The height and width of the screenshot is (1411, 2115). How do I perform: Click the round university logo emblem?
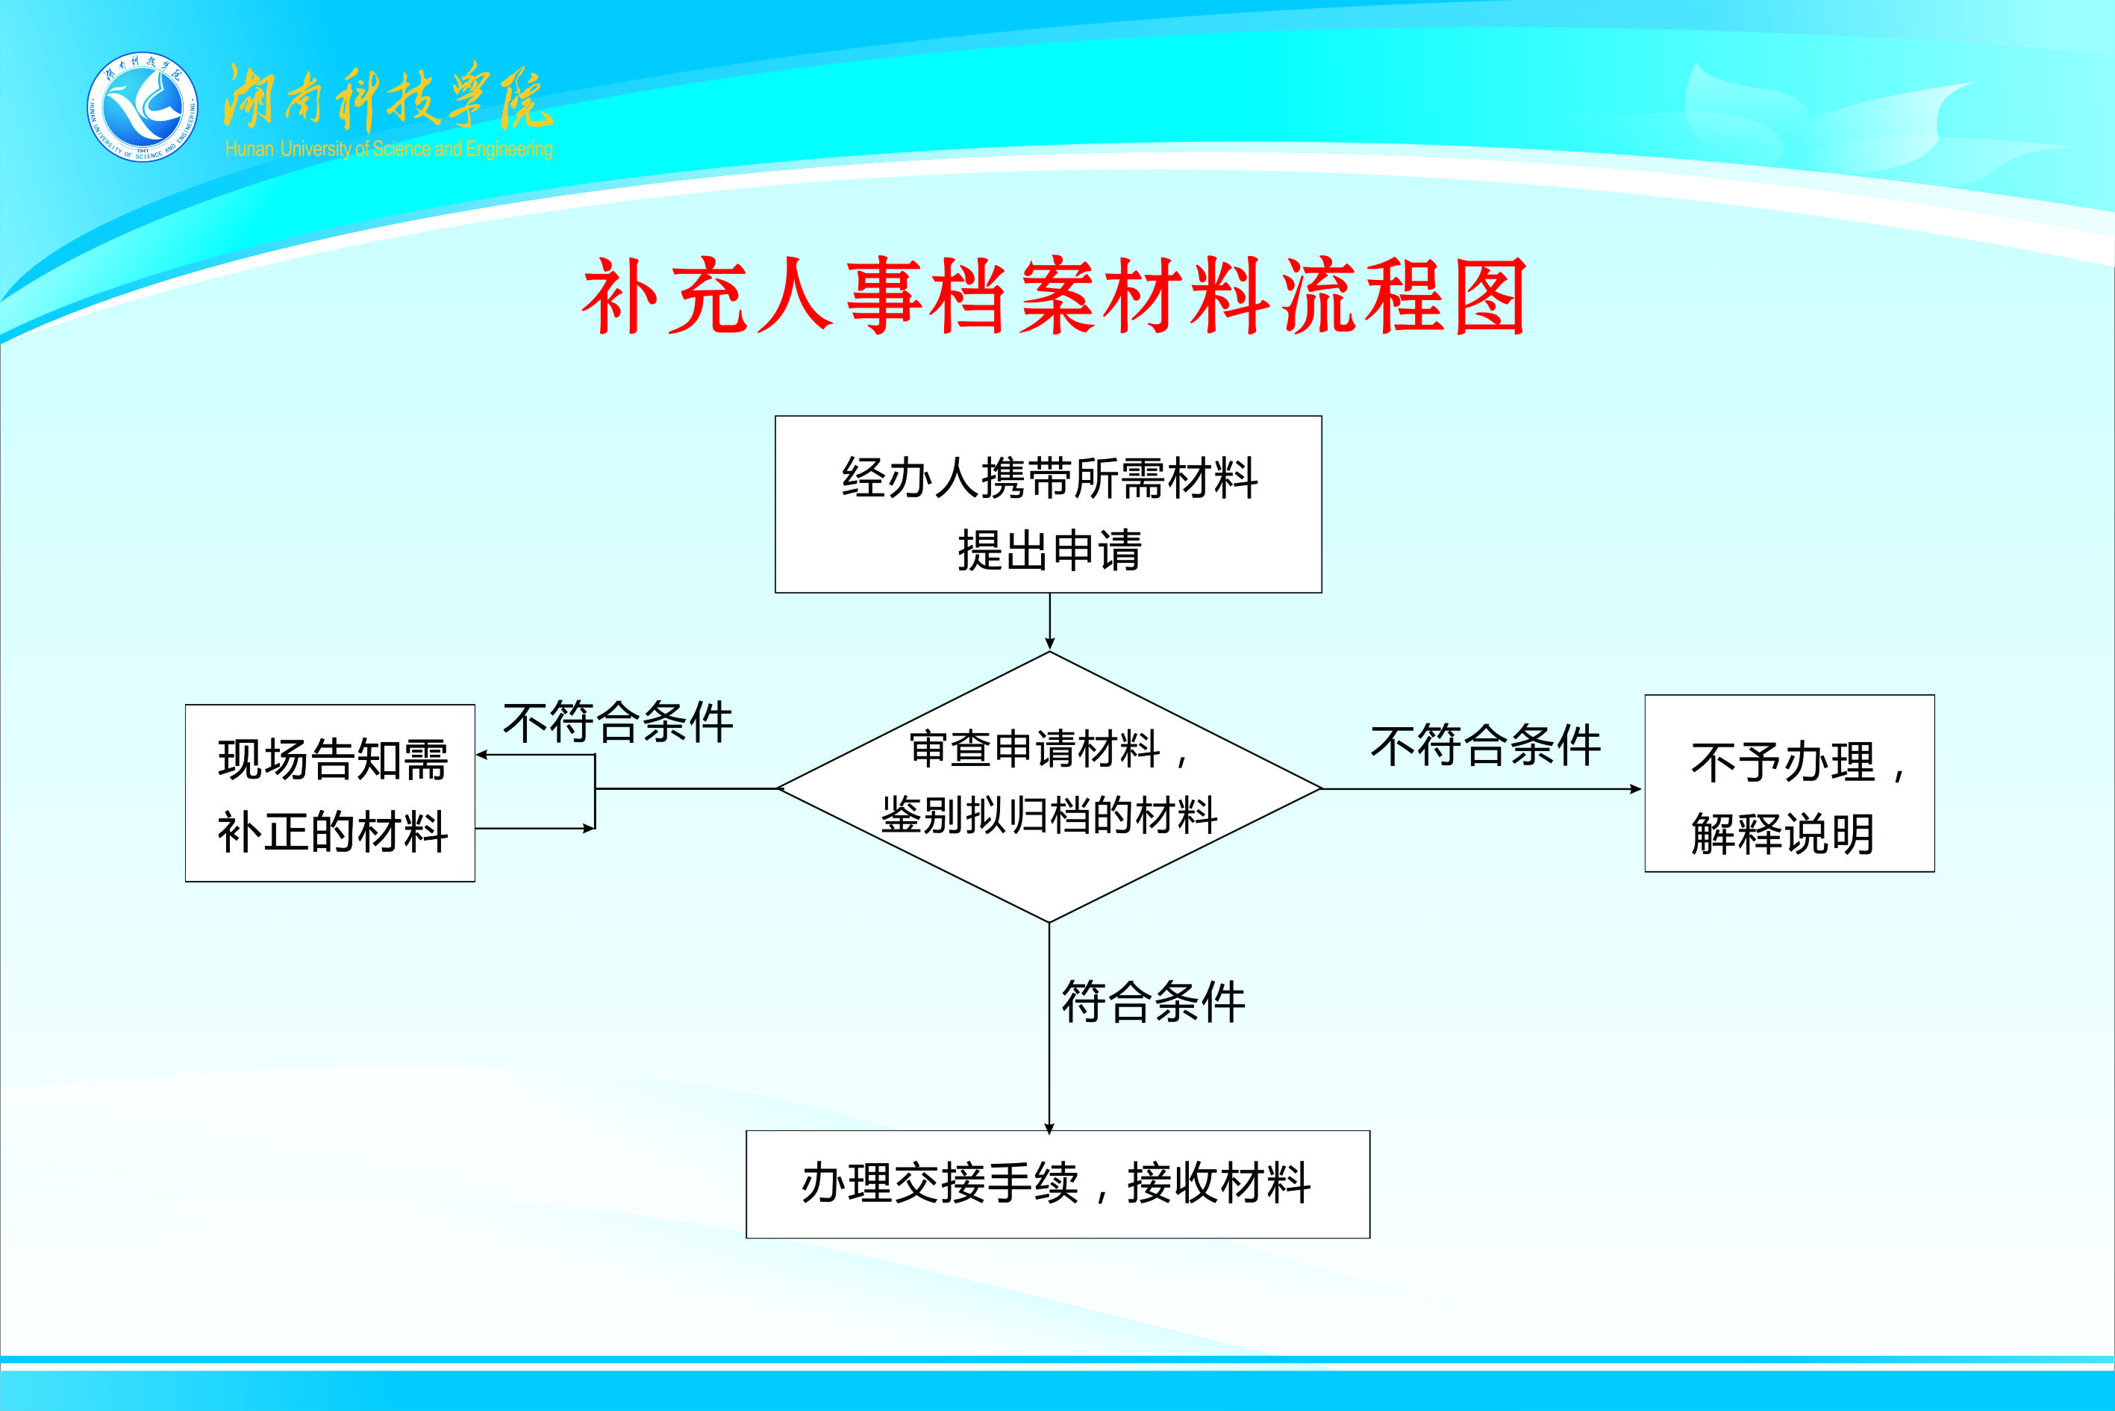[x=143, y=107]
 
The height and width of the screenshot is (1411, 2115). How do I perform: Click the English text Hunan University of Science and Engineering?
[x=389, y=149]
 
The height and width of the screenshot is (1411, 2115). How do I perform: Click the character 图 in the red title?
[x=1490, y=297]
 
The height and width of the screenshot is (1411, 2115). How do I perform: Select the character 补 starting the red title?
[x=622, y=297]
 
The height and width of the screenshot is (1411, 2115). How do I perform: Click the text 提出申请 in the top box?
[x=1049, y=551]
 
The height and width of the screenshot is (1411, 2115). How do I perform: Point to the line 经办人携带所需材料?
[x=1049, y=478]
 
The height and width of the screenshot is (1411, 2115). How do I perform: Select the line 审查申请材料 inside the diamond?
[x=1034, y=750]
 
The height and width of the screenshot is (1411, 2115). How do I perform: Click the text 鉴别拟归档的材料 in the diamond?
[x=1049, y=815]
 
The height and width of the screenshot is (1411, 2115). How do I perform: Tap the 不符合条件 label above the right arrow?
[x=1485, y=745]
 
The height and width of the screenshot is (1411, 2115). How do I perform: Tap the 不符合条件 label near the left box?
[x=618, y=722]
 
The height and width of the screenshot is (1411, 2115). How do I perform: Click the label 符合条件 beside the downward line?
[x=1153, y=1002]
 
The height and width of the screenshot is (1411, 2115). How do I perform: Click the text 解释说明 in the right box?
[x=1782, y=833]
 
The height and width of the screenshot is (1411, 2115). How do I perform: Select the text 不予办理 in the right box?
[x=1782, y=762]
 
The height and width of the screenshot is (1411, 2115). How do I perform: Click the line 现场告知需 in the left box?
[x=333, y=759]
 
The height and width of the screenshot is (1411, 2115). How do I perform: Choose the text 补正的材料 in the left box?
[x=333, y=831]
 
